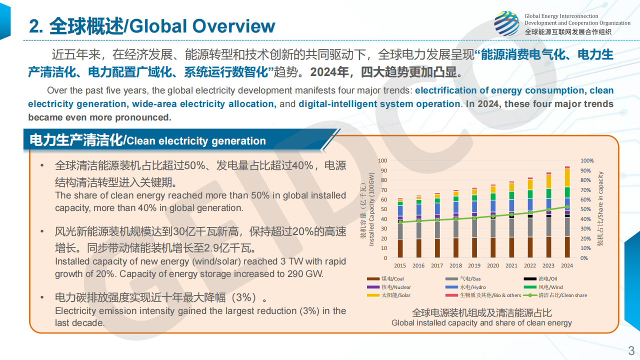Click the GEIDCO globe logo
pyautogui.click(x=506, y=23)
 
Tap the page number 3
pyautogui.click(x=631, y=350)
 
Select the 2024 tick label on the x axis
pyautogui.click(x=567, y=266)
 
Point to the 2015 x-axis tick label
pyautogui.click(x=400, y=266)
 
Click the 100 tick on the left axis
pyautogui.click(x=382, y=161)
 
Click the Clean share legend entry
pyautogui.click(x=562, y=295)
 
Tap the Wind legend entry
pyautogui.click(x=550, y=287)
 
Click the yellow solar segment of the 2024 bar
pyautogui.click(x=567, y=177)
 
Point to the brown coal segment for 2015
pyautogui.click(x=400, y=248)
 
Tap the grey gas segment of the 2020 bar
pyautogui.click(x=493, y=228)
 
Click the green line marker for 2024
pyautogui.click(x=567, y=207)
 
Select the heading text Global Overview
pyautogui.click(x=202, y=26)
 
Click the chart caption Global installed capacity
pyautogui.click(x=481, y=323)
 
